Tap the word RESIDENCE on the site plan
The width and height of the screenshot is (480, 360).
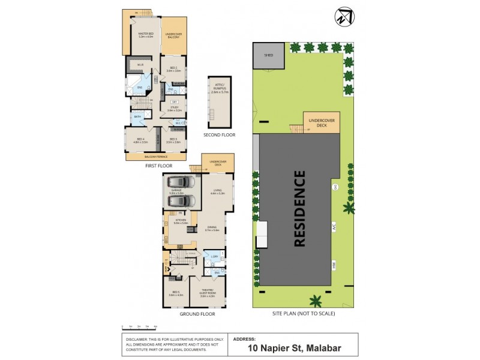tap(299, 209)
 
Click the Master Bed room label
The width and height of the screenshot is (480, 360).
tap(146, 35)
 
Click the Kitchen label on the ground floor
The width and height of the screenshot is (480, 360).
tap(181, 221)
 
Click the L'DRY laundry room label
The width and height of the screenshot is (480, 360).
tap(214, 257)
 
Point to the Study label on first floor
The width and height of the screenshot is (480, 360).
tap(174, 109)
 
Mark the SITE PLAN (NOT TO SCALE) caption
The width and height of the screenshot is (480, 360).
tap(302, 313)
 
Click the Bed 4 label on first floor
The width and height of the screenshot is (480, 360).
tap(140, 141)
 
